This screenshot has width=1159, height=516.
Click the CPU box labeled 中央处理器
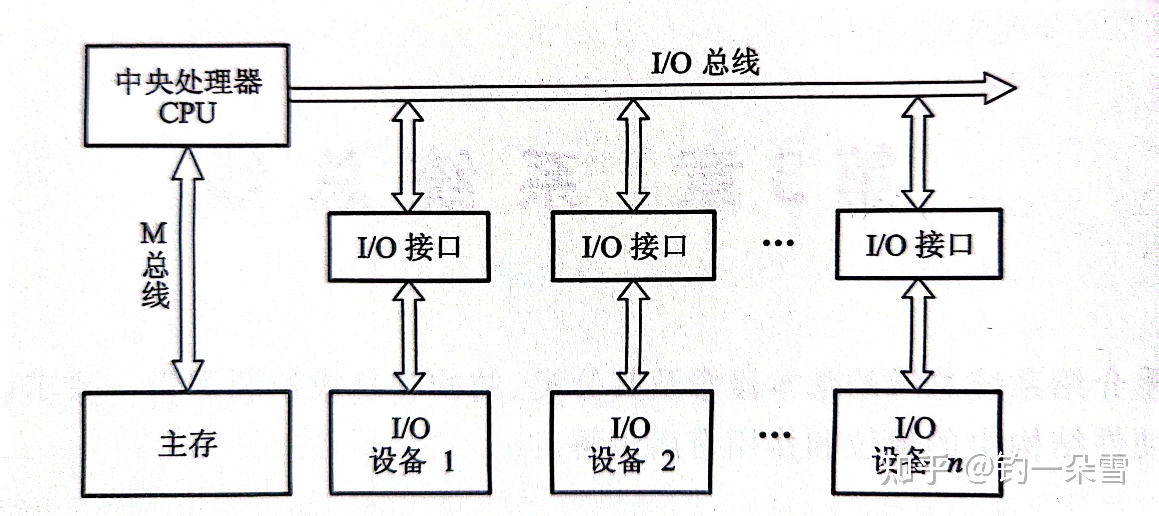(187, 95)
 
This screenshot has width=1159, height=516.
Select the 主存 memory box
(187, 444)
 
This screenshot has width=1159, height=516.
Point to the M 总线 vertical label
(155, 265)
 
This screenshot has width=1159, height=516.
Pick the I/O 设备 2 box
(632, 443)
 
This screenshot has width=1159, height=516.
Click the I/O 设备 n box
(917, 443)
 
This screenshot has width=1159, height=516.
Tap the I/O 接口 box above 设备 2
(633, 246)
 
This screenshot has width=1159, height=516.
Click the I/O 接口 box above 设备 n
(919, 244)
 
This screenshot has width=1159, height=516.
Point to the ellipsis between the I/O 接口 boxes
(778, 243)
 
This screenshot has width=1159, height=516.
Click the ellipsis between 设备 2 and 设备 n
(775, 435)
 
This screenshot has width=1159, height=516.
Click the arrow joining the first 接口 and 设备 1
(409, 336)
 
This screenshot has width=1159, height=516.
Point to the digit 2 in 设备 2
(668, 461)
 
